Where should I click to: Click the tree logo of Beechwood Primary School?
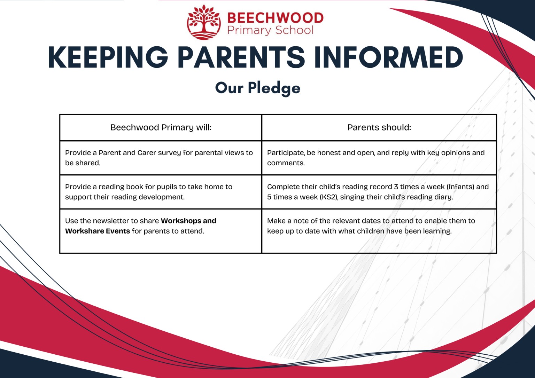[204, 22]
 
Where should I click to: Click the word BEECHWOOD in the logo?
[275, 18]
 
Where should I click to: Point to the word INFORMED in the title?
[388, 57]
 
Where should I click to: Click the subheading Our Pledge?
[258, 88]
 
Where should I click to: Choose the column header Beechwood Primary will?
[161, 127]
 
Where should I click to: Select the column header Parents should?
[379, 127]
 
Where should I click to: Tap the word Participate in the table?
[286, 153]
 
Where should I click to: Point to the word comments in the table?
[286, 163]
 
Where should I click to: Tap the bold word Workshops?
[181, 221]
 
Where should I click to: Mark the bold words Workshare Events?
[98, 231]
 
